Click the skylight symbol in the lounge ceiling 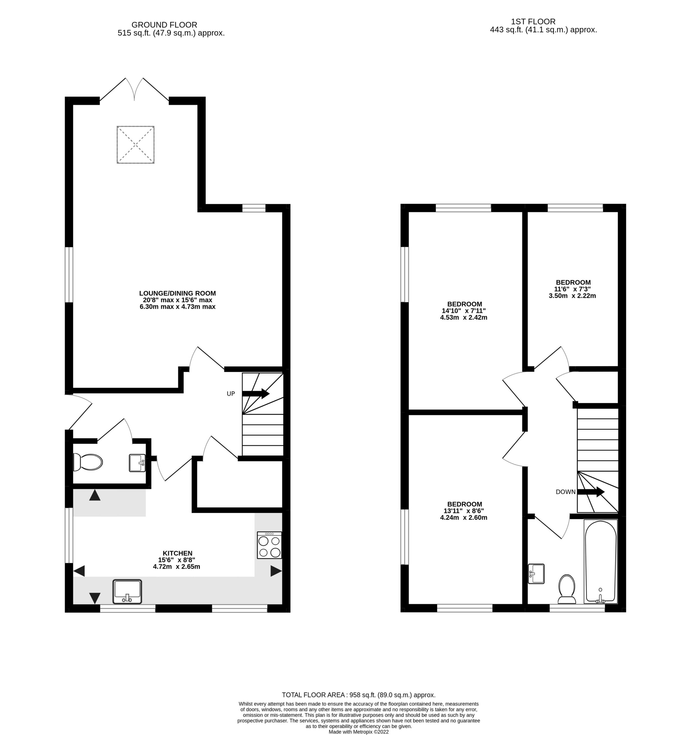(x=135, y=145)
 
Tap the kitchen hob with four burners (x=269, y=545)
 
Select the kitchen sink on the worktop (x=127, y=591)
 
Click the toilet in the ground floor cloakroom (x=88, y=462)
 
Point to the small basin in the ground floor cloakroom (x=137, y=463)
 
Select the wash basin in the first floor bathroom (x=536, y=574)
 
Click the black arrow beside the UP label (x=256, y=393)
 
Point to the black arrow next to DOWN (x=591, y=492)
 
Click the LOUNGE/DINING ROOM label (x=177, y=293)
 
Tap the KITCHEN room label (x=177, y=553)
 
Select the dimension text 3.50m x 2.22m (x=572, y=296)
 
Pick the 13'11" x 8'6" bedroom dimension (x=464, y=511)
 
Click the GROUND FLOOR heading (x=164, y=25)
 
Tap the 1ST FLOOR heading (x=533, y=22)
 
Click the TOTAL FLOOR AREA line (x=358, y=695)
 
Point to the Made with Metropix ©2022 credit (x=359, y=732)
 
